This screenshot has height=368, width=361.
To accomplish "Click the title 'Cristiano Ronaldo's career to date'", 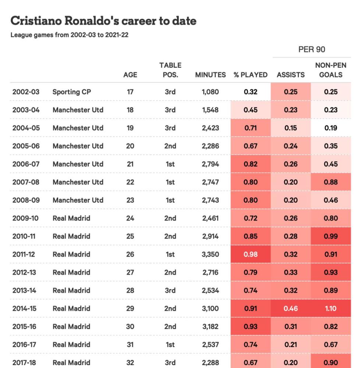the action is (103, 21).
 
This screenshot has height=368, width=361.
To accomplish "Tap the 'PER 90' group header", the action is (312, 50).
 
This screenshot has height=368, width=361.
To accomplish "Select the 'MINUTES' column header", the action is (210, 75).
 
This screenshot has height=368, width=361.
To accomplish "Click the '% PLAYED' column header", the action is (251, 75).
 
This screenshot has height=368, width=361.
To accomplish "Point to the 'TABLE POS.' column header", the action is (170, 70).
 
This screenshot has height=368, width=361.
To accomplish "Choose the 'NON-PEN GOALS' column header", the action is (331, 70).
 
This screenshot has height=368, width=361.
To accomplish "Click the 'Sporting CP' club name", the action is (72, 92).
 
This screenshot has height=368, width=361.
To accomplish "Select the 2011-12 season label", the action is (24, 254).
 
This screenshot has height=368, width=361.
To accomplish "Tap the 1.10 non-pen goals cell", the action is (331, 308).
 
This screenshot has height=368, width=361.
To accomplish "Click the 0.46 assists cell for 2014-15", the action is (291, 308).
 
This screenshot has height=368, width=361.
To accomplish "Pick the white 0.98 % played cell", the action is (251, 254).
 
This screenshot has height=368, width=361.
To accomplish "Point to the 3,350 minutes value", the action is (210, 254).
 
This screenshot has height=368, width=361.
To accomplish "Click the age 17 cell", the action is (130, 92).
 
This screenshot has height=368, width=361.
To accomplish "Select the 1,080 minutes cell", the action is (210, 92).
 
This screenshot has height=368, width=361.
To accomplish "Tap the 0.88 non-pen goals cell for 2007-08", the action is (331, 182).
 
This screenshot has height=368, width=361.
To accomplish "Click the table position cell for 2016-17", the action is (170, 344).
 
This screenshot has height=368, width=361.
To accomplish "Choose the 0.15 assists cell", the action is (291, 128).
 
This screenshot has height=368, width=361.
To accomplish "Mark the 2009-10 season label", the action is (25, 218).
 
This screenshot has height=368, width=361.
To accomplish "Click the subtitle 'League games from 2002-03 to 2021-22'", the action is (70, 35).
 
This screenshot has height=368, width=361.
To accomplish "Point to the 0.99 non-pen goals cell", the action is (331, 236).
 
